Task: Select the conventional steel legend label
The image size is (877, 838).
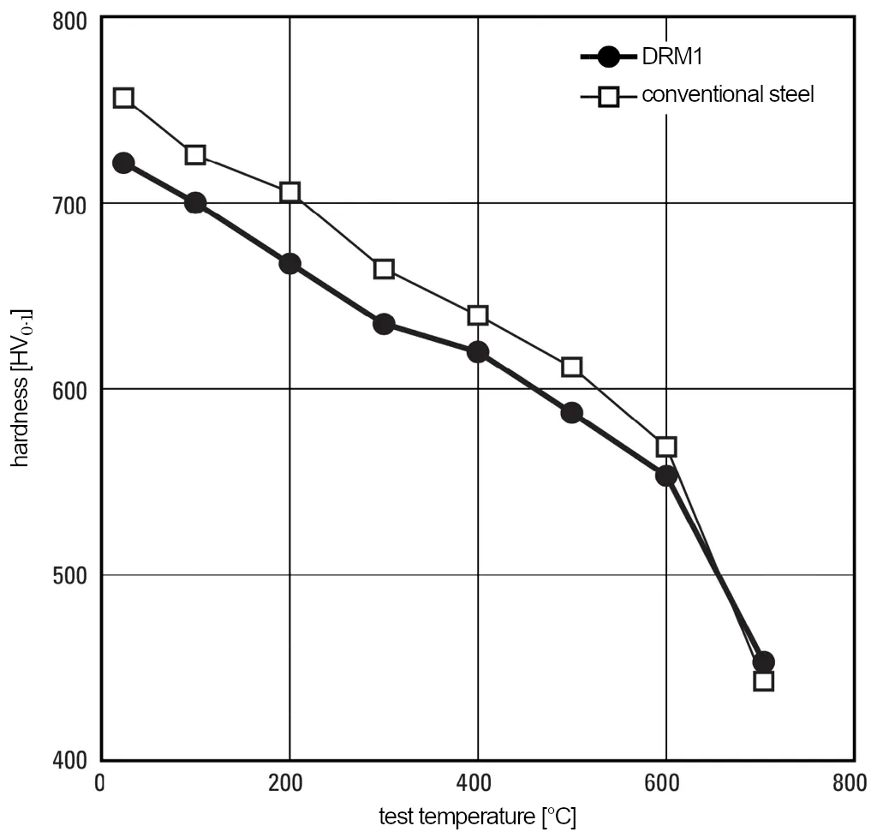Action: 727,94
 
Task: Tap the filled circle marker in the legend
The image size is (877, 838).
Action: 608,57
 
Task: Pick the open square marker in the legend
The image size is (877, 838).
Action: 608,96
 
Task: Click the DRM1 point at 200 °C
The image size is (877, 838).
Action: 289,263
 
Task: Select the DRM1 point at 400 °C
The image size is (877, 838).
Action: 478,352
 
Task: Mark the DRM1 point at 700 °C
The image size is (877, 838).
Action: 763,661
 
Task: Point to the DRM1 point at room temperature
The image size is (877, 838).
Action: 123,163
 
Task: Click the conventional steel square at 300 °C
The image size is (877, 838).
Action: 384,270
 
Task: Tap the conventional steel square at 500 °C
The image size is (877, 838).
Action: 572,368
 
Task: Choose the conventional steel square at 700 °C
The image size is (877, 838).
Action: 763,681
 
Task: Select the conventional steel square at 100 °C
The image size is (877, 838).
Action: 195,155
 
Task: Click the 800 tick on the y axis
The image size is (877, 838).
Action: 72,19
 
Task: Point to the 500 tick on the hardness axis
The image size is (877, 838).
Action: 72,575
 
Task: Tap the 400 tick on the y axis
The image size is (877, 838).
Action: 72,760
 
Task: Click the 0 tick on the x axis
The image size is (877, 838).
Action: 102,784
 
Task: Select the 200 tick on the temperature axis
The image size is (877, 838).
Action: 289,784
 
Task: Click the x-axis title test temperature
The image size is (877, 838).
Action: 477,817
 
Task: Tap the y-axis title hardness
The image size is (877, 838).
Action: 21,387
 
